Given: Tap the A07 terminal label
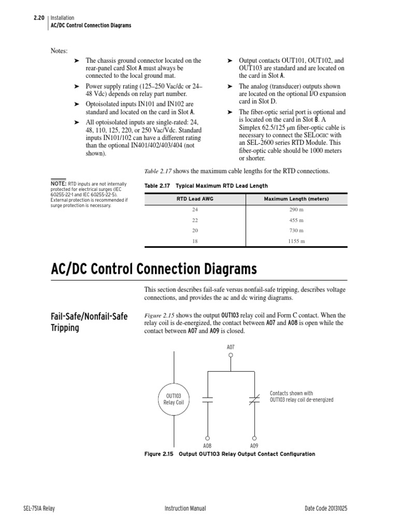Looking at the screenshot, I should pyautogui.click(x=231, y=346).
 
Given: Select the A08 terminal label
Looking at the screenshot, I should pyautogui.click(x=208, y=446).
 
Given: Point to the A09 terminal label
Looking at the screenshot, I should pyautogui.click(x=254, y=446).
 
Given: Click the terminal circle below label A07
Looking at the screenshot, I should pyautogui.click(x=231, y=355).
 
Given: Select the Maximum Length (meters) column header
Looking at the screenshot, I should pyautogui.click(x=296, y=199).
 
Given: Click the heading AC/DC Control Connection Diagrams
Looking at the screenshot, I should pyautogui.click(x=153, y=270).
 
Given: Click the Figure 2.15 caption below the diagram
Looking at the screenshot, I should pyautogui.click(x=230, y=454).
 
